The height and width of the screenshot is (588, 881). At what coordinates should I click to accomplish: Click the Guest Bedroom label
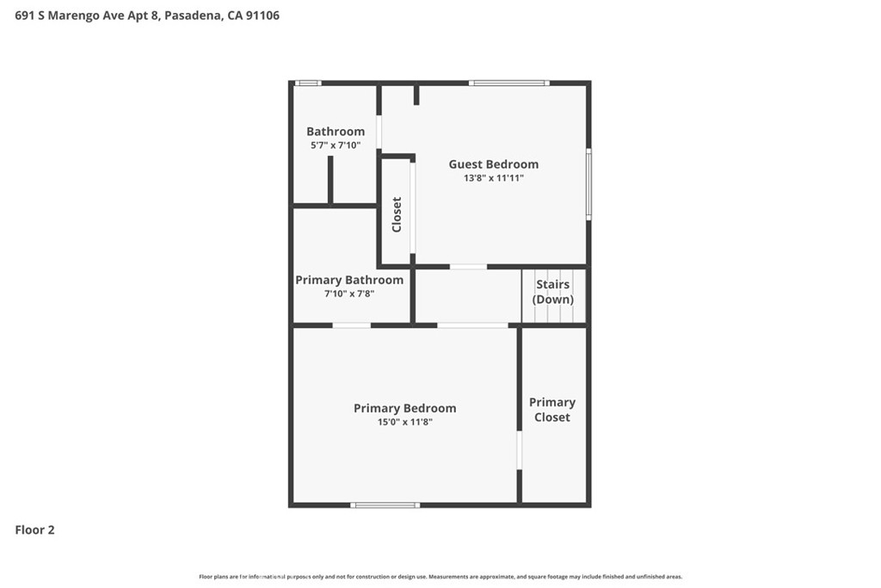pos(493,164)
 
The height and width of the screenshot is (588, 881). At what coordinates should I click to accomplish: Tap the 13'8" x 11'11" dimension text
pos(493,178)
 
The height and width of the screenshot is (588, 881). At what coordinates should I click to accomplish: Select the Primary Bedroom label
pos(404,408)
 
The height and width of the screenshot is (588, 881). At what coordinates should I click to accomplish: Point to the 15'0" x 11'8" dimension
pos(404,422)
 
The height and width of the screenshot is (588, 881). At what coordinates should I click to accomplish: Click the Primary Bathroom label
pos(349,280)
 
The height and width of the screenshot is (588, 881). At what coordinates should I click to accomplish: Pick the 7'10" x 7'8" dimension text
pos(349,294)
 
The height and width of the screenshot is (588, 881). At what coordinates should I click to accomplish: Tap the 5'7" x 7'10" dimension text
pos(336,145)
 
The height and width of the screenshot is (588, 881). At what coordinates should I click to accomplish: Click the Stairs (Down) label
pos(553,292)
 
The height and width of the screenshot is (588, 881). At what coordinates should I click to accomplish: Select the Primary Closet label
pos(552,410)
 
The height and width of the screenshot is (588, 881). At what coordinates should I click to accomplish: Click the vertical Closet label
pos(397,214)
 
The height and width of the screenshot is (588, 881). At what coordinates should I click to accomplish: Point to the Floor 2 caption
pos(34,530)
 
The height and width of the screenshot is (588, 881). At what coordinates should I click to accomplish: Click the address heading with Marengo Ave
pos(147,15)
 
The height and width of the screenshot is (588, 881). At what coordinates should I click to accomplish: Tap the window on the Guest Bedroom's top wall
pos(509,84)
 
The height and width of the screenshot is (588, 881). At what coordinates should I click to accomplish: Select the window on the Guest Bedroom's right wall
pos(588,184)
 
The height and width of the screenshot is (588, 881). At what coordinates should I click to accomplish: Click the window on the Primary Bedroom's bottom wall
pos(385,504)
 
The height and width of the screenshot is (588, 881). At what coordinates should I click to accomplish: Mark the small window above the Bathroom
pos(308,84)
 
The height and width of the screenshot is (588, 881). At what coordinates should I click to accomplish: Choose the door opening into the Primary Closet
pos(519,449)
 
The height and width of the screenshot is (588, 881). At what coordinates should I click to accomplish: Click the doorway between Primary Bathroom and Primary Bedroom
pos(352,325)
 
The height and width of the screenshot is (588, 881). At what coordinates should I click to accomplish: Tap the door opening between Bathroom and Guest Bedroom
pos(379,132)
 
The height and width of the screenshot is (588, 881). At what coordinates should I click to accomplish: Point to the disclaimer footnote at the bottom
pos(440,577)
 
